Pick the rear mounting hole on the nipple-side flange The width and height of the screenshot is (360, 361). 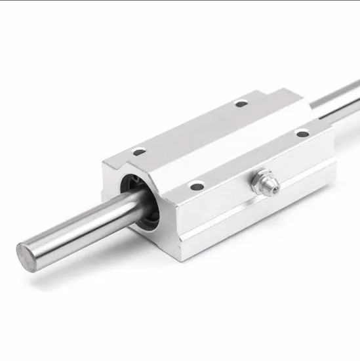click(x=302, y=134)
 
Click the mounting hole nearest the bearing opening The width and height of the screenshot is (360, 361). click(x=138, y=152)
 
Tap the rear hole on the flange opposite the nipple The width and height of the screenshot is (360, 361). click(x=241, y=103)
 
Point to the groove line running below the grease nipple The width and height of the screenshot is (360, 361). click(x=262, y=210)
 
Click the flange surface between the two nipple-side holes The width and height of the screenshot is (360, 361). click(x=249, y=161)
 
